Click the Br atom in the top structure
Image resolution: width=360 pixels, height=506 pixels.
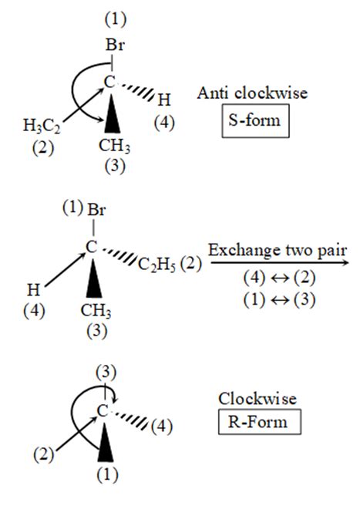pyautogui.click(x=115, y=46)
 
